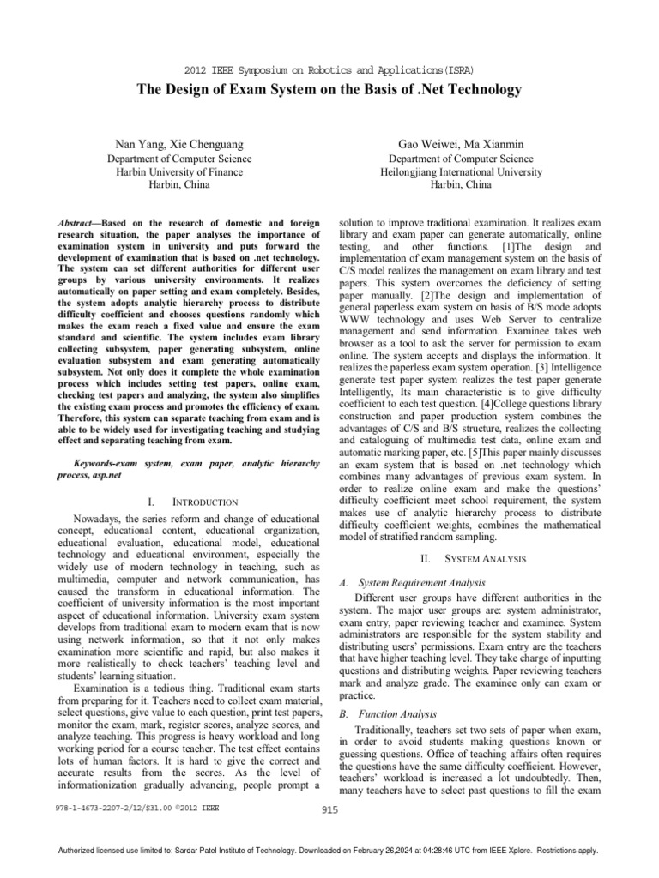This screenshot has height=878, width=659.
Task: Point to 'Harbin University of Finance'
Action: (x=178, y=172)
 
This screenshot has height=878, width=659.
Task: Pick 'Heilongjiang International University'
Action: (x=460, y=172)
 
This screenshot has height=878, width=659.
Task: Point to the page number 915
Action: (x=329, y=808)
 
